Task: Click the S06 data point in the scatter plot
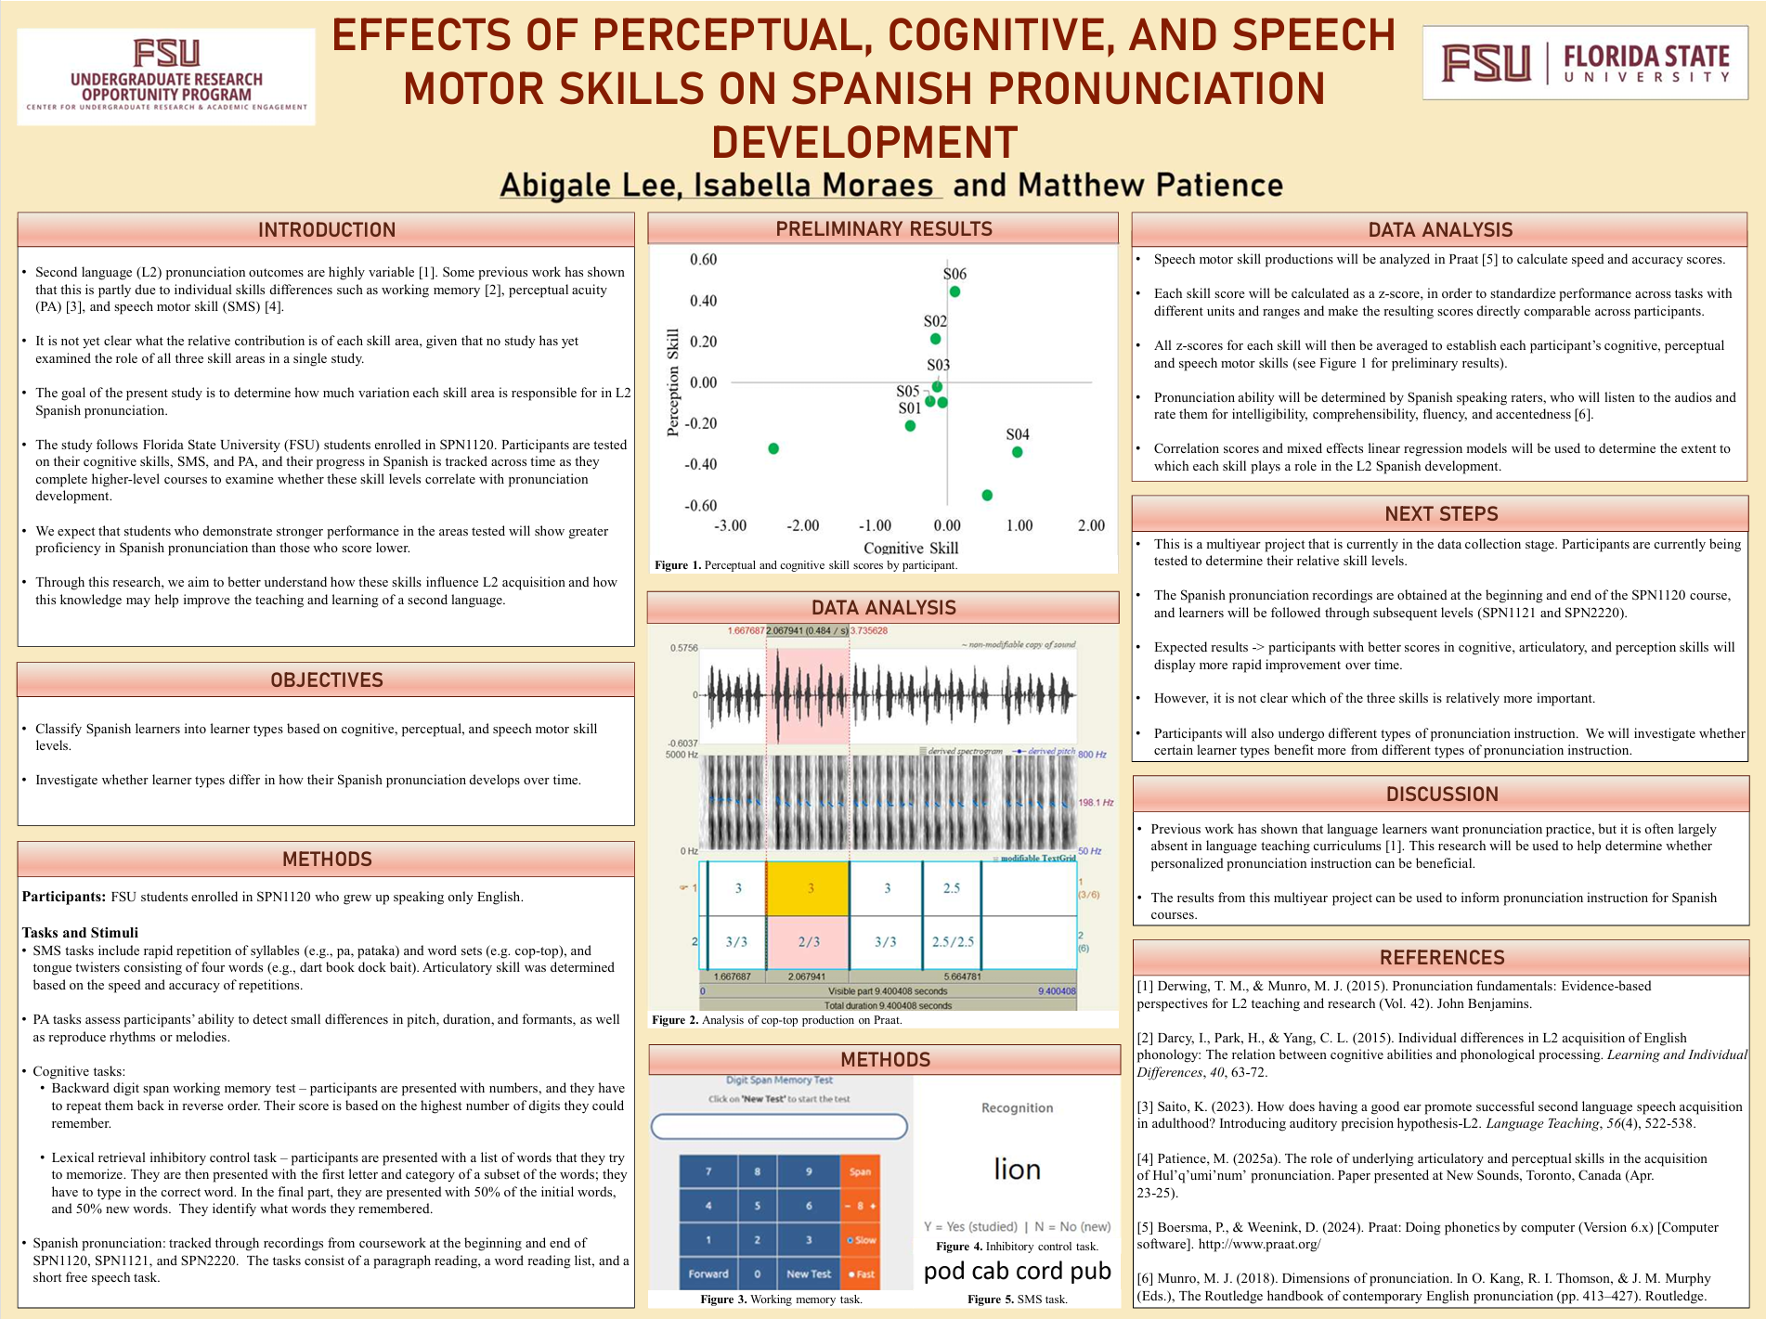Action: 954,291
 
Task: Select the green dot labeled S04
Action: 1018,452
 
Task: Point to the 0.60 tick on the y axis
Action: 703,260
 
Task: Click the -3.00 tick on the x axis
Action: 731,525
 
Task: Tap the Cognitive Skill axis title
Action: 911,548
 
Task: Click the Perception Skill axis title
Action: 673,381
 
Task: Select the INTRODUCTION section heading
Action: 326,229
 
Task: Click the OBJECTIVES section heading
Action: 326,679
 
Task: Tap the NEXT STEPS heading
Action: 1441,513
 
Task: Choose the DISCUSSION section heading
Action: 1441,794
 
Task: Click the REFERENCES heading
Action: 1441,957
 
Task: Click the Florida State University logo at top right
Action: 1585,63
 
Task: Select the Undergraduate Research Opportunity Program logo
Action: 166,76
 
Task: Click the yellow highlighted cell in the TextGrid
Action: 808,888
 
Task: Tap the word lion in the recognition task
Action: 1017,1169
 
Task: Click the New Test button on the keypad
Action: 809,1274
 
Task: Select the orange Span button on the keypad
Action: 860,1171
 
